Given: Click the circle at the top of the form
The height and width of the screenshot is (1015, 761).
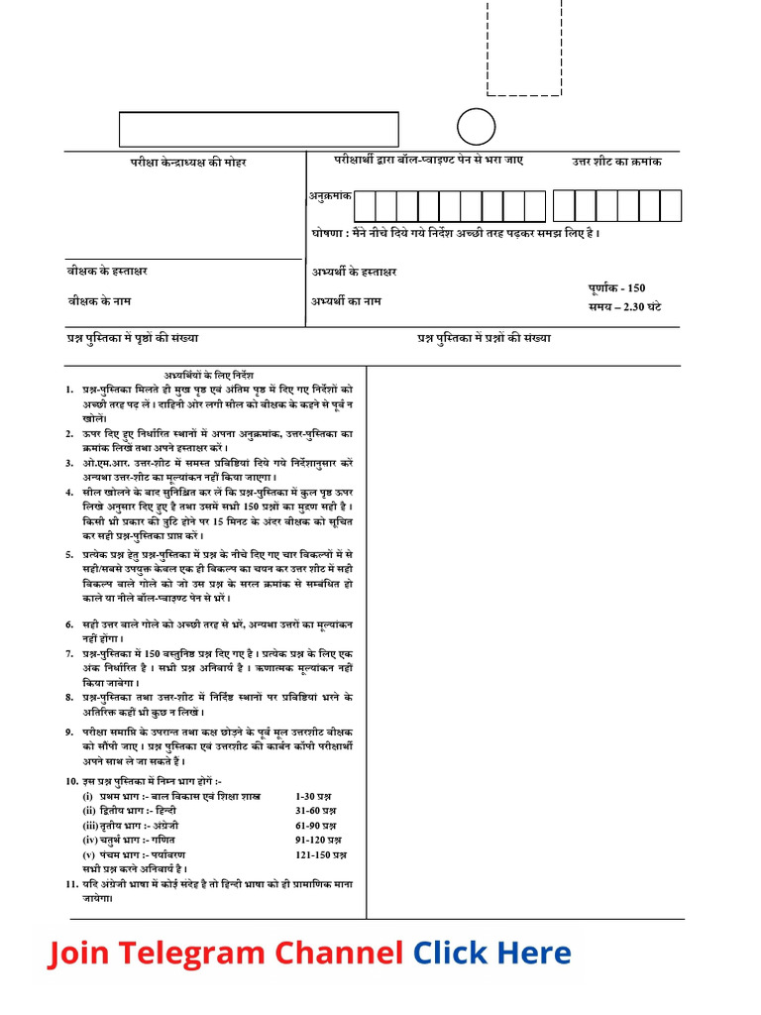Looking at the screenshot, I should click(x=476, y=127).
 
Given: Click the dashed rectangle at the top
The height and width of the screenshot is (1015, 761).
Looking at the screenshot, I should click(x=524, y=48).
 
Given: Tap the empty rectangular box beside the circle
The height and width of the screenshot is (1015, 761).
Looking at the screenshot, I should click(x=259, y=129).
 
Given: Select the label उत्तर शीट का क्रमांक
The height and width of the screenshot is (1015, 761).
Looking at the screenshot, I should click(x=616, y=162).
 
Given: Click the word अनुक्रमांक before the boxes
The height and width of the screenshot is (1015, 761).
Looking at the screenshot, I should click(x=328, y=196).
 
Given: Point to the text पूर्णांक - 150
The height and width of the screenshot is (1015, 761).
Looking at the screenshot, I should click(x=616, y=287).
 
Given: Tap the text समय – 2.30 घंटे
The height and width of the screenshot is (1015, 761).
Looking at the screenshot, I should click(x=624, y=306).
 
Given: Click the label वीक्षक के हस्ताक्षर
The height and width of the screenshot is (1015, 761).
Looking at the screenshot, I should click(x=108, y=271).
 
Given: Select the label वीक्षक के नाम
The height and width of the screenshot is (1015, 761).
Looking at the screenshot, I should click(x=99, y=300).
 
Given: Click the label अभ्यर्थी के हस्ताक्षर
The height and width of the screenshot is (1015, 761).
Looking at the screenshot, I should click(x=354, y=272).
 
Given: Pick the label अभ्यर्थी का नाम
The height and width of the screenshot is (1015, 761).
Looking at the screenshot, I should click(x=346, y=300).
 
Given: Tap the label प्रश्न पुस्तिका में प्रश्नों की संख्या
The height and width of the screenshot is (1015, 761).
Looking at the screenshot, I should click(x=484, y=338).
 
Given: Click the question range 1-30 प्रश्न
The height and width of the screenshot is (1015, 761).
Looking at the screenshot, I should click(x=313, y=796).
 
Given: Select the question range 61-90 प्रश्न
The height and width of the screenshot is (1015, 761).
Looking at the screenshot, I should click(x=316, y=825).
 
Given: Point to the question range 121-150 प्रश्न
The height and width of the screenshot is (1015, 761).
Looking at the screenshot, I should click(x=320, y=853).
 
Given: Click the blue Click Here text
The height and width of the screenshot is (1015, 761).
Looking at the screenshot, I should click(x=491, y=954).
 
